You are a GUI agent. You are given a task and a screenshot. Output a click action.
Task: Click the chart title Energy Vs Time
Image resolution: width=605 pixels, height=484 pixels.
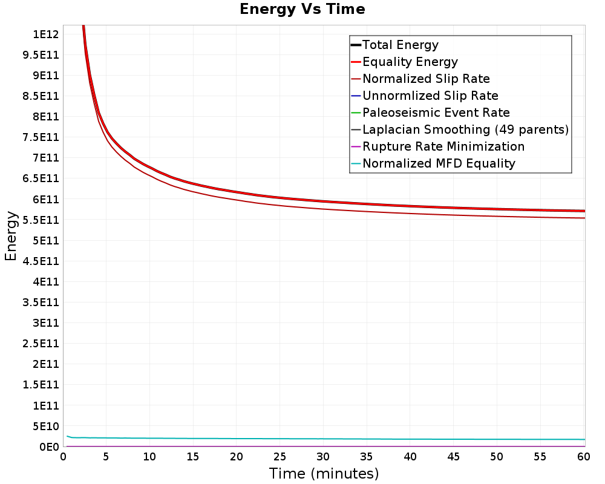click(x=302, y=9)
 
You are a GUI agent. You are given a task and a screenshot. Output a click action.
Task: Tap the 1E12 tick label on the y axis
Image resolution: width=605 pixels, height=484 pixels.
click(x=46, y=34)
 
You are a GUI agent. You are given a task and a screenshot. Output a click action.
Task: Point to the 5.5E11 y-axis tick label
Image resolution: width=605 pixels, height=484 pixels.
click(x=41, y=220)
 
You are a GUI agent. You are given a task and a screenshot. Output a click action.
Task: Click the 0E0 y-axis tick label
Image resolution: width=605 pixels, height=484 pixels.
click(x=50, y=447)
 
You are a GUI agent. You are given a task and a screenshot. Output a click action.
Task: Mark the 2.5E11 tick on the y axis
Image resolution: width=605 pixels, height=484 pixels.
click(x=41, y=344)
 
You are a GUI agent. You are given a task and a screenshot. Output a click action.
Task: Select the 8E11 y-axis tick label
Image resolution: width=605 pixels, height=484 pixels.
click(x=46, y=117)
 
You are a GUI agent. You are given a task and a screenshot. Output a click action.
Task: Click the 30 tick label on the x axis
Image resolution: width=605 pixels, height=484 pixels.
click(x=323, y=457)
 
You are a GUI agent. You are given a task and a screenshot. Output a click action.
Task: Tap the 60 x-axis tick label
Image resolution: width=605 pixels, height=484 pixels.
click(x=583, y=457)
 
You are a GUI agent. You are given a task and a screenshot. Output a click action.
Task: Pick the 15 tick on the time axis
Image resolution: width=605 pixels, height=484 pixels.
click(x=193, y=457)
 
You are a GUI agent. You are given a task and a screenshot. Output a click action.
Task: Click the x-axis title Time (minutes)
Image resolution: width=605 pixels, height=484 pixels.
click(x=324, y=474)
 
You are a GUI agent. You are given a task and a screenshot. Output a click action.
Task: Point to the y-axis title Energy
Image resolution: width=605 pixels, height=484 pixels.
click(x=11, y=236)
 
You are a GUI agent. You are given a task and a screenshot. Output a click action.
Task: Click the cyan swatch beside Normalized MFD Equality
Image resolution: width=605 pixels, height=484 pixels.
click(x=356, y=163)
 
